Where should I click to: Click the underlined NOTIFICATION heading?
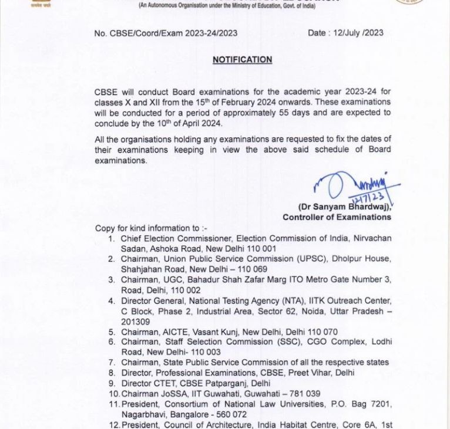pyautogui.click(x=242, y=60)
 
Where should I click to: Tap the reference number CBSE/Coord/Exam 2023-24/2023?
pyautogui.click(x=173, y=33)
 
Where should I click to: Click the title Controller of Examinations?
pyautogui.click(x=337, y=217)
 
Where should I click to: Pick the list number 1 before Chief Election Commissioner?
pyautogui.click(x=111, y=239)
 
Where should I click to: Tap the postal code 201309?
pyautogui.click(x=136, y=322)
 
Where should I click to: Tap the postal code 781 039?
pyautogui.click(x=303, y=394)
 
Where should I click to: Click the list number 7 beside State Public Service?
pyautogui.click(x=111, y=363)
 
